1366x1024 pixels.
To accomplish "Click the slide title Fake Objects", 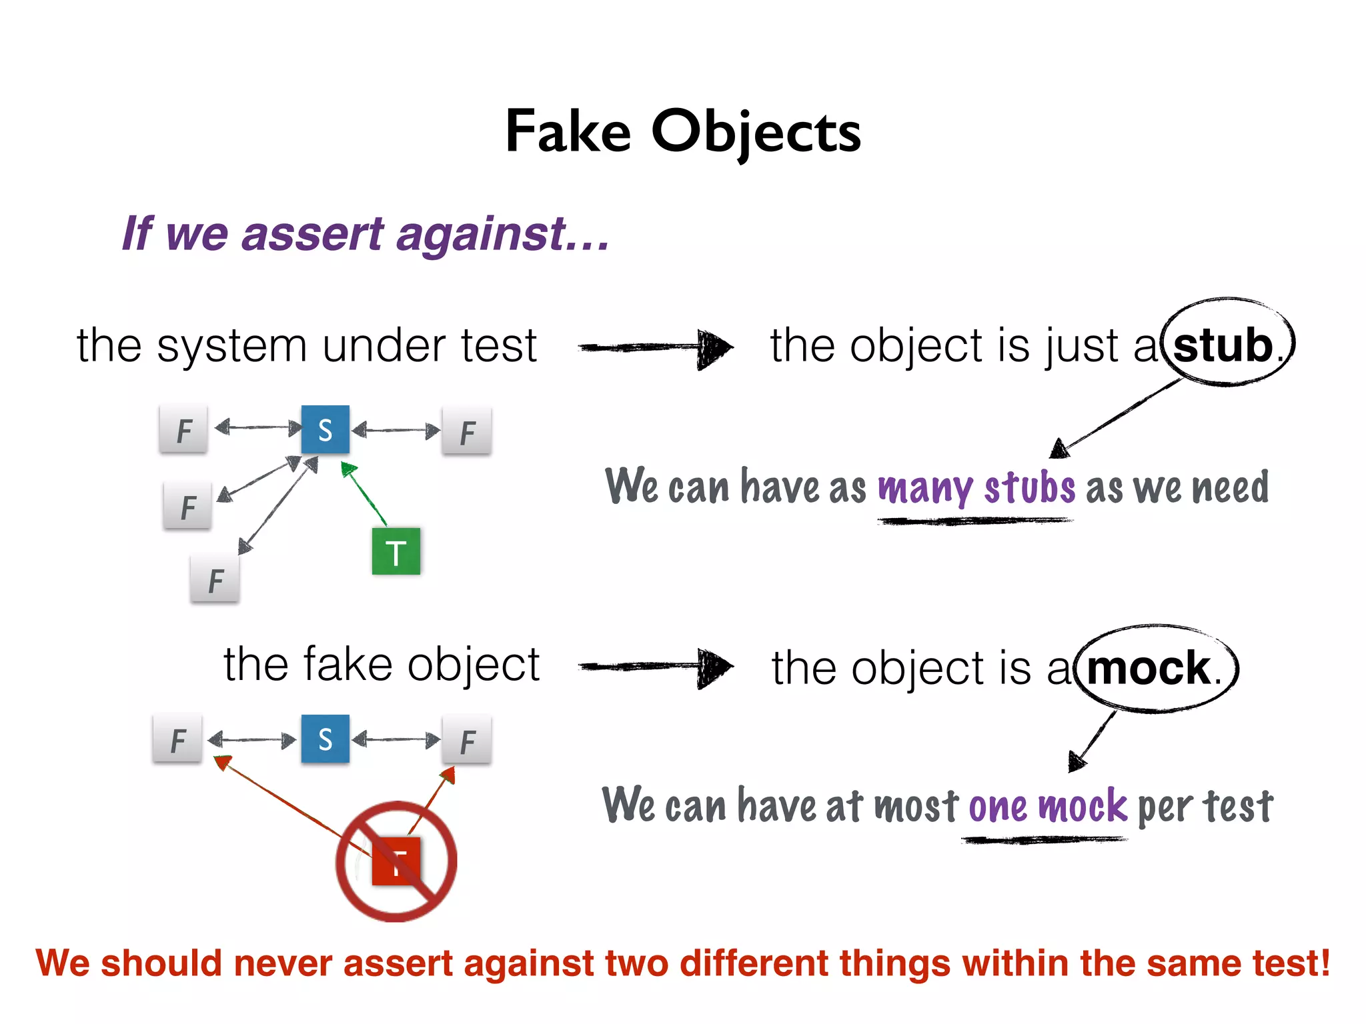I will (683, 131).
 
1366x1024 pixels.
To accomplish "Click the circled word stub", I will (1223, 345).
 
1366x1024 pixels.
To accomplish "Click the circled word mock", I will (1149, 668).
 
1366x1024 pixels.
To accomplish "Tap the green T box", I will (396, 552).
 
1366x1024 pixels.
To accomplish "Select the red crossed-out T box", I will (396, 861).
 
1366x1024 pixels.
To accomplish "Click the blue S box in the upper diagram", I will (325, 430).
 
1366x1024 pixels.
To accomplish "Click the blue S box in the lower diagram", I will (325, 739).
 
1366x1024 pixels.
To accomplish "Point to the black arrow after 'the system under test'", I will (656, 347).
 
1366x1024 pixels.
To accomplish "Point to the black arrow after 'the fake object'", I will (656, 665).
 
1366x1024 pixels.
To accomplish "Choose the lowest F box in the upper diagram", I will (215, 580).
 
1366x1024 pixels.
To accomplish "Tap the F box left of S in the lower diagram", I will (177, 739).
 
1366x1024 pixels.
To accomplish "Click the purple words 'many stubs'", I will (976, 487).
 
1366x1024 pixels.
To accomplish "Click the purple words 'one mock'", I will (1047, 806).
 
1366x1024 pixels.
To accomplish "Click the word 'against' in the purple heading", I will (482, 234).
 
